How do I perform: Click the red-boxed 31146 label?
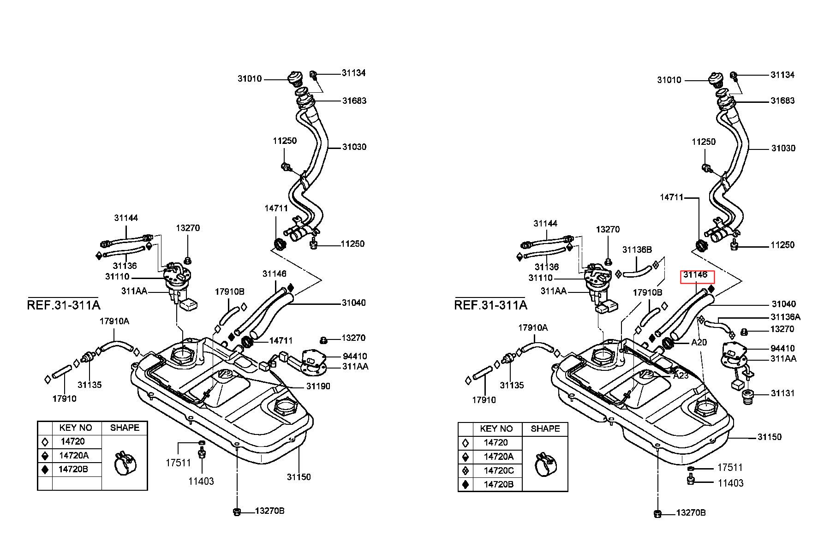click(x=695, y=275)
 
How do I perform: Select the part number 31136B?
click(x=637, y=250)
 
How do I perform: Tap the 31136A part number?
click(x=786, y=317)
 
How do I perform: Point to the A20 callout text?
click(x=699, y=343)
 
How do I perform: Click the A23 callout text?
click(x=681, y=375)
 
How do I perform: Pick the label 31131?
click(x=783, y=393)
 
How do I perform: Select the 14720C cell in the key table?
click(x=499, y=470)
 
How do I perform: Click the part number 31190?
click(x=318, y=386)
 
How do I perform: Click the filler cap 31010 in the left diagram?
click(x=294, y=79)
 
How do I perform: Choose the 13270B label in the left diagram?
click(x=270, y=511)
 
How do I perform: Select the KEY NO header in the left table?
click(x=76, y=428)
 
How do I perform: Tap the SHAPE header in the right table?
click(x=545, y=428)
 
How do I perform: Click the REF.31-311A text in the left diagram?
click(x=64, y=305)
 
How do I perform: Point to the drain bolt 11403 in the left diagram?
click(x=201, y=454)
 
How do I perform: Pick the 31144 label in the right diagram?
click(x=546, y=223)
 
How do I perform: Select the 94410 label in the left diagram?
click(x=355, y=356)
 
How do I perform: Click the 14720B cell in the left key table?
click(x=73, y=469)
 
